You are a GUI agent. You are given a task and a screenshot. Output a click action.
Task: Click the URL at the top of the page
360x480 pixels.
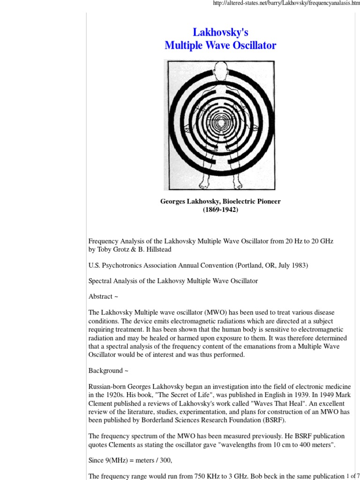pyautogui.click(x=286, y=4)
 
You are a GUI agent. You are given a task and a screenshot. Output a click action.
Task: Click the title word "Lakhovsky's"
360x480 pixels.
pyautogui.click(x=220, y=32)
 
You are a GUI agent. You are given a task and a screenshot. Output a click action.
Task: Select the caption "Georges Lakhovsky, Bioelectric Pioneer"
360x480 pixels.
pyautogui.click(x=220, y=202)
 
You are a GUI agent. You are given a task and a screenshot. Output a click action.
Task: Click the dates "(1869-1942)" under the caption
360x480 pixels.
pyautogui.click(x=220, y=210)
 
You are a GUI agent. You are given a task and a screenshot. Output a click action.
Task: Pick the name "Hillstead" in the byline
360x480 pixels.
pyautogui.click(x=157, y=249)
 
